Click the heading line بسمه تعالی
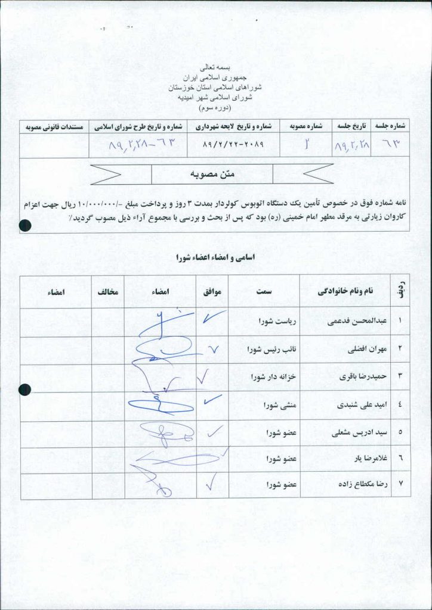click(217, 70)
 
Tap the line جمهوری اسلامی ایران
click(217, 78)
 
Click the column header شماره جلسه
click(391, 126)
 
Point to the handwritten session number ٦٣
click(391, 145)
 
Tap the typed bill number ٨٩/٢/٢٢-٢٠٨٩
click(233, 145)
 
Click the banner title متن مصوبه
click(212, 174)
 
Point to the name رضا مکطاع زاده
click(362, 485)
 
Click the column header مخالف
click(108, 291)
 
